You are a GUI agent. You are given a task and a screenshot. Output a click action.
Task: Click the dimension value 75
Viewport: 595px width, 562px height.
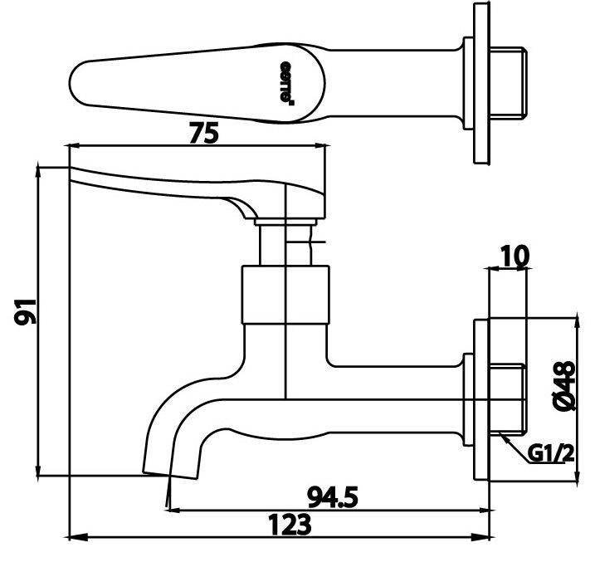[x=204, y=132]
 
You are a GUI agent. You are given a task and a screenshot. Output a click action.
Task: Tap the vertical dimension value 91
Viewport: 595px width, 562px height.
[x=26, y=314]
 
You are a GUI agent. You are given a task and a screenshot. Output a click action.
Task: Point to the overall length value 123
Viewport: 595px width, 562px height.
[x=290, y=526]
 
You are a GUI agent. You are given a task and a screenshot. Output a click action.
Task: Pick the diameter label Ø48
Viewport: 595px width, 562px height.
[x=566, y=384]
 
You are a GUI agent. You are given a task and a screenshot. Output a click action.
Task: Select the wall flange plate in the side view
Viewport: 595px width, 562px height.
[x=480, y=398]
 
